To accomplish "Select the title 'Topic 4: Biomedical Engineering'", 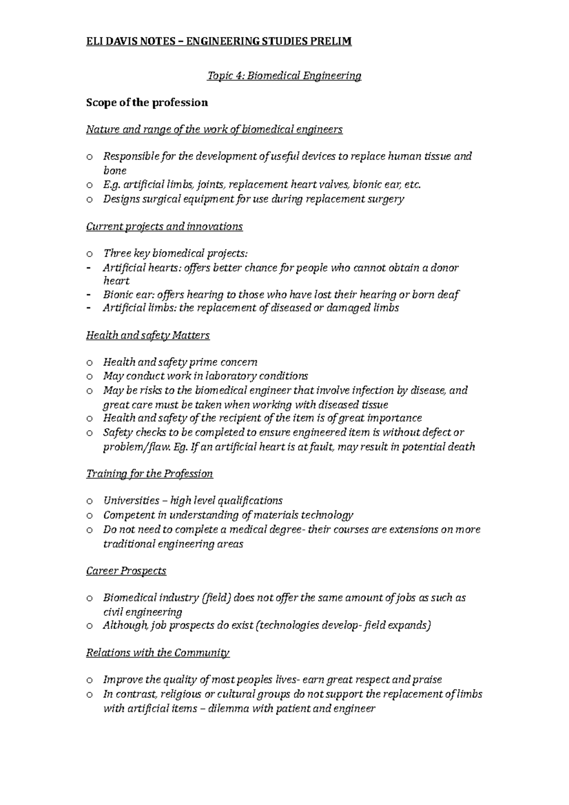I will (x=284, y=76).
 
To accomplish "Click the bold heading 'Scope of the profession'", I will (x=147, y=103).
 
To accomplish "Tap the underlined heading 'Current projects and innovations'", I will (x=164, y=227).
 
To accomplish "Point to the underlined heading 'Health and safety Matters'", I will (x=147, y=336).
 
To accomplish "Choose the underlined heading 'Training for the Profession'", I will (x=149, y=474).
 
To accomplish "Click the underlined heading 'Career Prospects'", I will (x=126, y=571).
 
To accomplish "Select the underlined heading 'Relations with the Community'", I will (x=157, y=653).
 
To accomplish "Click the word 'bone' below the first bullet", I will (x=115, y=171).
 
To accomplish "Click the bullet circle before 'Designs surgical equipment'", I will (x=89, y=200).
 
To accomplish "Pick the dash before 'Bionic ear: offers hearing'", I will (x=89, y=295).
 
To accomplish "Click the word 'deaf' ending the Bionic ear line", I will (x=450, y=295).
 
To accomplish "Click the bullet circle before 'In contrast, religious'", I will (x=89, y=695).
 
